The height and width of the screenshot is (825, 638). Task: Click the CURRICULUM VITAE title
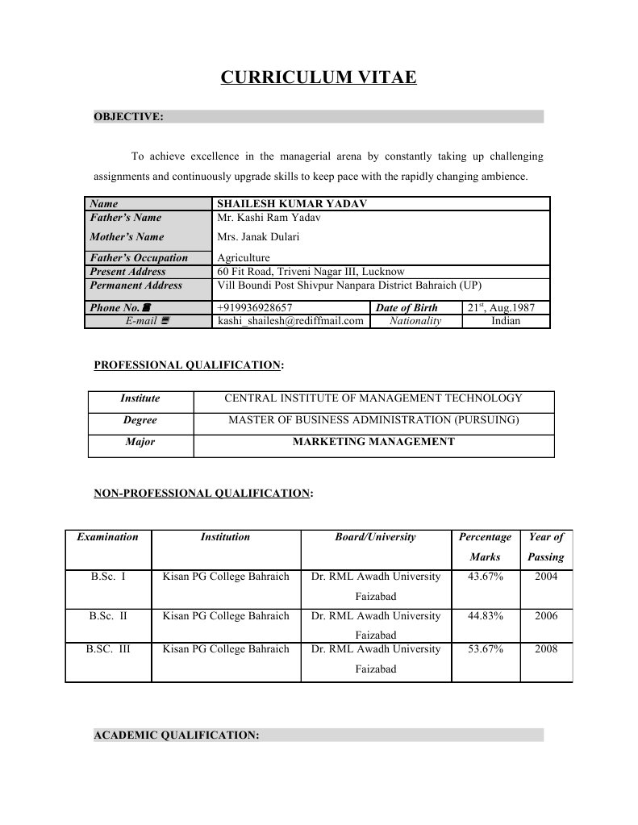[x=319, y=77]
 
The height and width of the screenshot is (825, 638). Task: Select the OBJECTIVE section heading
[x=129, y=117]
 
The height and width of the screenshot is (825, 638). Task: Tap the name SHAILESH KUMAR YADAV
[x=292, y=204]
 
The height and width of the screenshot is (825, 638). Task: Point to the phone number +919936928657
[x=255, y=307]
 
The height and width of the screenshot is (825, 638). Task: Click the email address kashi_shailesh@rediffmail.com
[x=290, y=321]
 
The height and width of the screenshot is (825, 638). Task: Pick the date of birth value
[x=507, y=307]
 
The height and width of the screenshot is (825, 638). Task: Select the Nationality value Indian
[x=506, y=321]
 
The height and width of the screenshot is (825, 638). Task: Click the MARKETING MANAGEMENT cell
[x=373, y=442]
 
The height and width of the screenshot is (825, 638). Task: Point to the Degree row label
[x=140, y=420]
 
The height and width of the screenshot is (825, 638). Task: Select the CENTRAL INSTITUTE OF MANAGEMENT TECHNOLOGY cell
[x=373, y=398]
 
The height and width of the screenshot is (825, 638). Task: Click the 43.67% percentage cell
[x=486, y=577]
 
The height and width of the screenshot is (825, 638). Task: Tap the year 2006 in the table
[x=545, y=616]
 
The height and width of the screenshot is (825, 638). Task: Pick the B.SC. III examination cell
[x=108, y=648]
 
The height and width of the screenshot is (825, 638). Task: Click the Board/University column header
[x=375, y=537]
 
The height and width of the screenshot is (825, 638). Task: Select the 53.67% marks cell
[x=486, y=648]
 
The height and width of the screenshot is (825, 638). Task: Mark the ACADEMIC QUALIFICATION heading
[x=177, y=735]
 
